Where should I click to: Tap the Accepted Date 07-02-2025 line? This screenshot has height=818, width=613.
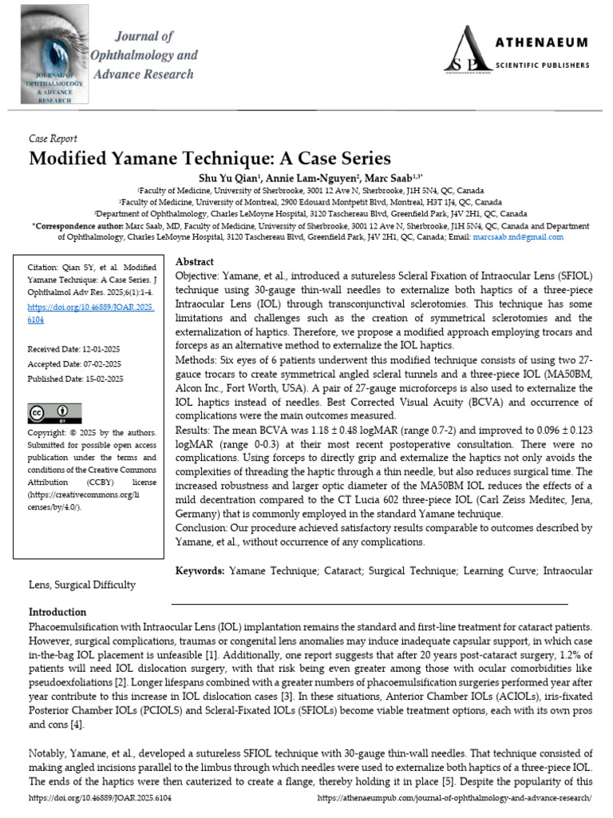(x=76, y=364)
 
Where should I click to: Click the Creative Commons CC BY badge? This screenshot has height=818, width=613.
(x=50, y=413)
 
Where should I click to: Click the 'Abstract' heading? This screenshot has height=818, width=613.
(x=194, y=262)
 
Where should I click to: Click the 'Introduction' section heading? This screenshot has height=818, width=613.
(x=57, y=612)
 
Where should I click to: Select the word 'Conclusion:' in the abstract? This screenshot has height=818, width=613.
(x=203, y=528)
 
